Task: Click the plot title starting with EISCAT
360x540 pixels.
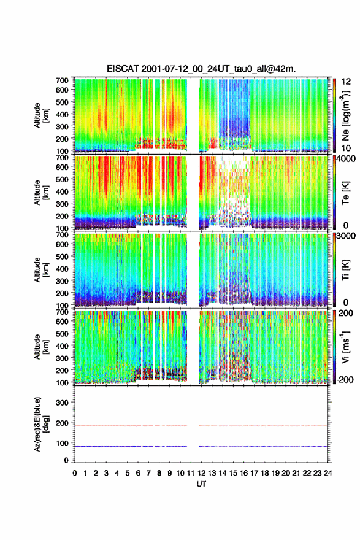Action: (201, 69)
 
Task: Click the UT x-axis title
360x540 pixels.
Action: (201, 484)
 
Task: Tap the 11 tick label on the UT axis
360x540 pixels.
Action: (190, 473)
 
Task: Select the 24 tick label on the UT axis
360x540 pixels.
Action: (327, 473)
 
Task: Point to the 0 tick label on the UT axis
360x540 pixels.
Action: (75, 473)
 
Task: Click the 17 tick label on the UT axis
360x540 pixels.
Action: (254, 473)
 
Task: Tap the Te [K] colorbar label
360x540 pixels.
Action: (345, 193)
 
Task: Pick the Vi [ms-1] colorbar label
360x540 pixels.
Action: (345, 347)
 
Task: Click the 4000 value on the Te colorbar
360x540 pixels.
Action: (346, 159)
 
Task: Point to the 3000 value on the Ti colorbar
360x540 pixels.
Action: (346, 236)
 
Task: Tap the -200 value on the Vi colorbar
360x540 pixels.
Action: (345, 379)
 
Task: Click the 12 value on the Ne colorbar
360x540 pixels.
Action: (346, 82)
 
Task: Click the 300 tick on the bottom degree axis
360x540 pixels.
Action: (63, 403)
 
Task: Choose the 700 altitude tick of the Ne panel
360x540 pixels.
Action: (63, 80)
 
